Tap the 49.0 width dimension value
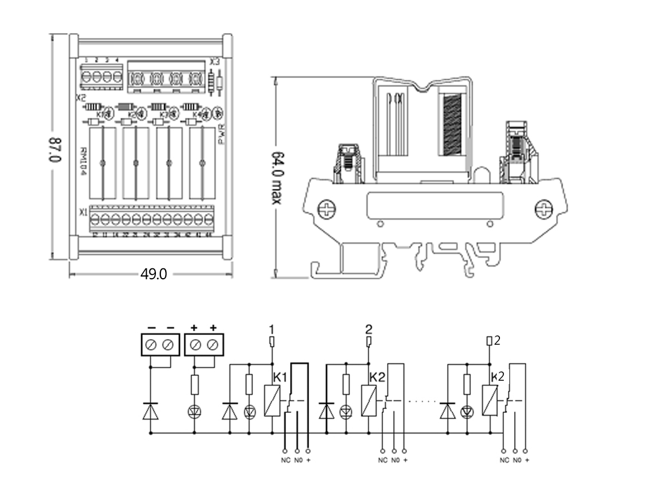(153, 274)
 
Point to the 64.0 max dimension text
(278, 177)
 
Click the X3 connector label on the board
(215, 62)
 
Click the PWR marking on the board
(221, 133)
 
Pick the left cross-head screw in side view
(326, 209)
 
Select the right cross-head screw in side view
(544, 208)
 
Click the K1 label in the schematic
(279, 377)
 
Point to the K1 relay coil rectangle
(272, 401)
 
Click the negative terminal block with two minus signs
(160, 345)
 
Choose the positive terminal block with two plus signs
(204, 345)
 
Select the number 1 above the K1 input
(272, 329)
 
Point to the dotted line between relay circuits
(422, 401)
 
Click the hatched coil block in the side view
(453, 125)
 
